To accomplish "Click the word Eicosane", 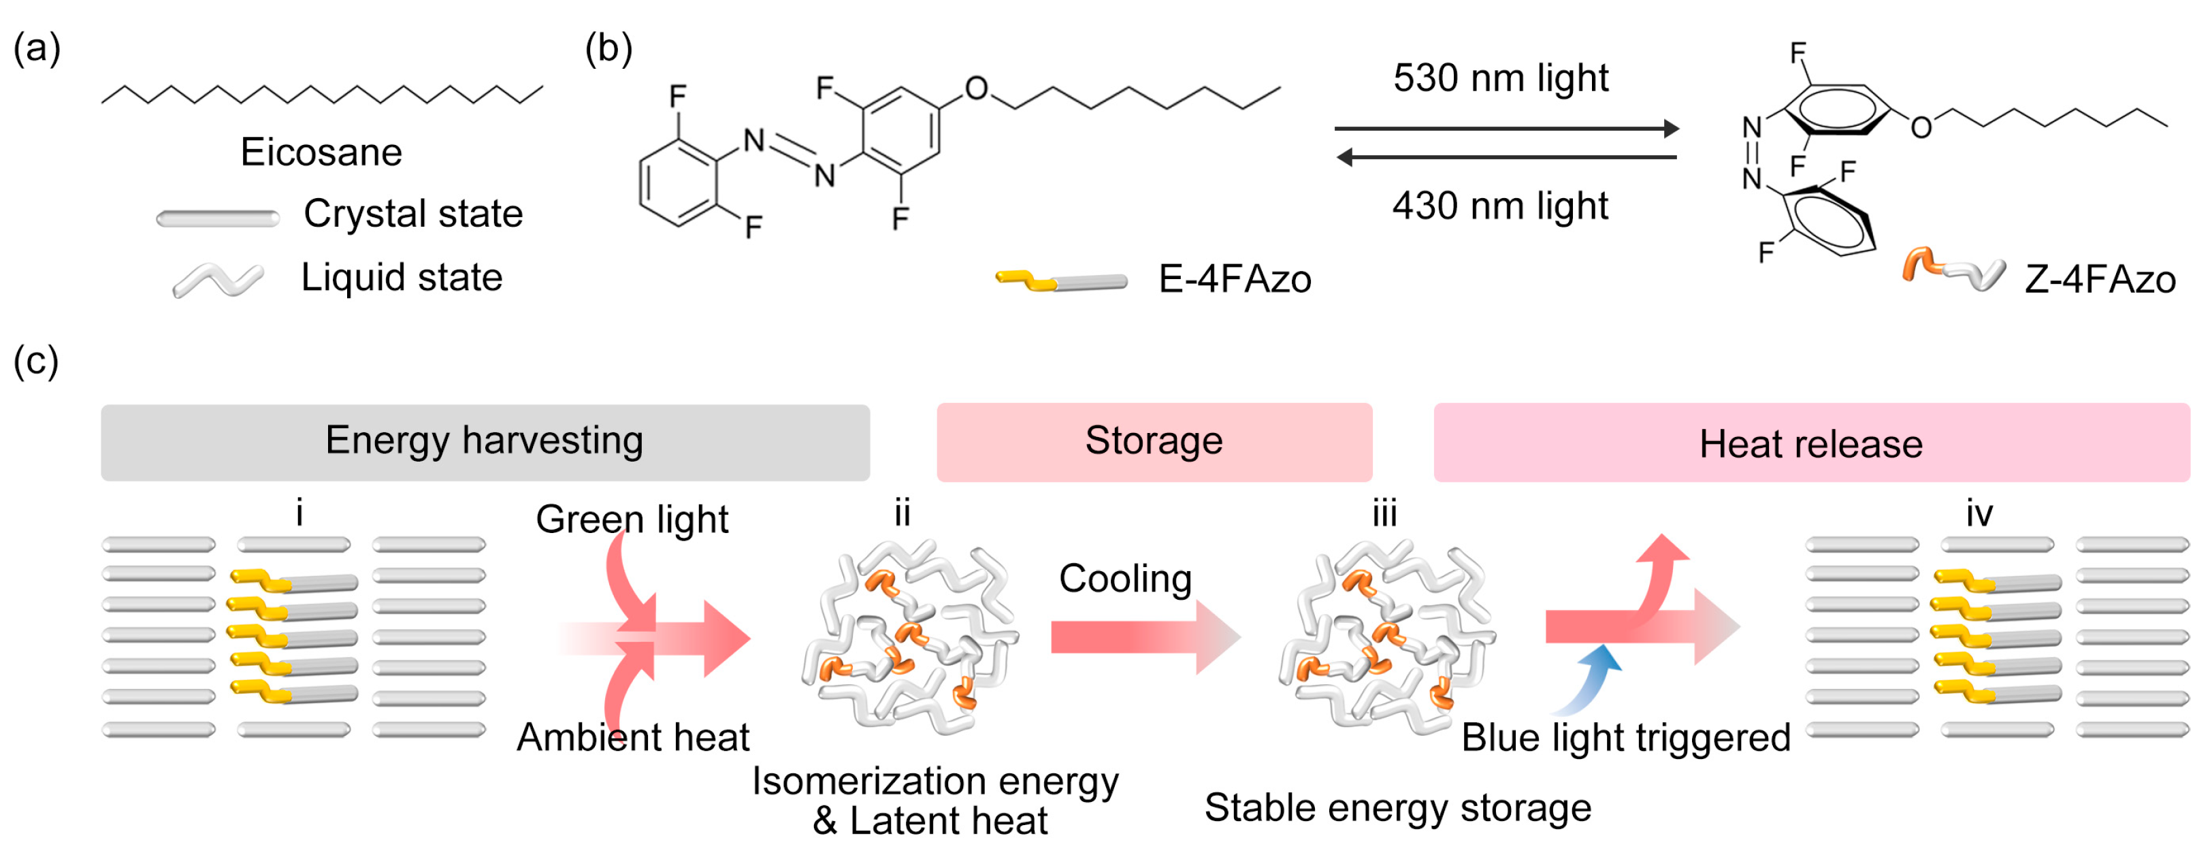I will pos(321,152).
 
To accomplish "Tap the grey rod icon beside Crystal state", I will pos(217,219).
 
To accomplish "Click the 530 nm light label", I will pos(1499,78).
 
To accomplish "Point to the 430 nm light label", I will pos(1499,206).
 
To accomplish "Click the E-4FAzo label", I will pos(1234,279).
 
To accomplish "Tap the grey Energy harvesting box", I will pos(485,442).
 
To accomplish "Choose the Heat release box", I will pos(1810,443).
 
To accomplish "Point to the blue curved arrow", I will pos(1593,679).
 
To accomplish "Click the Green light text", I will pos(632,519).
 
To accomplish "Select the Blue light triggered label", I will pos(1625,738).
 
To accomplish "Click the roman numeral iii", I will pos(1384,514).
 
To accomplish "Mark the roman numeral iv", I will pos(1979,514).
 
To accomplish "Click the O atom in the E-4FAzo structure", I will pos(976,88).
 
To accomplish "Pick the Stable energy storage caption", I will pos(1397,807).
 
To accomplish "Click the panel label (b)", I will pos(608,48).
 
